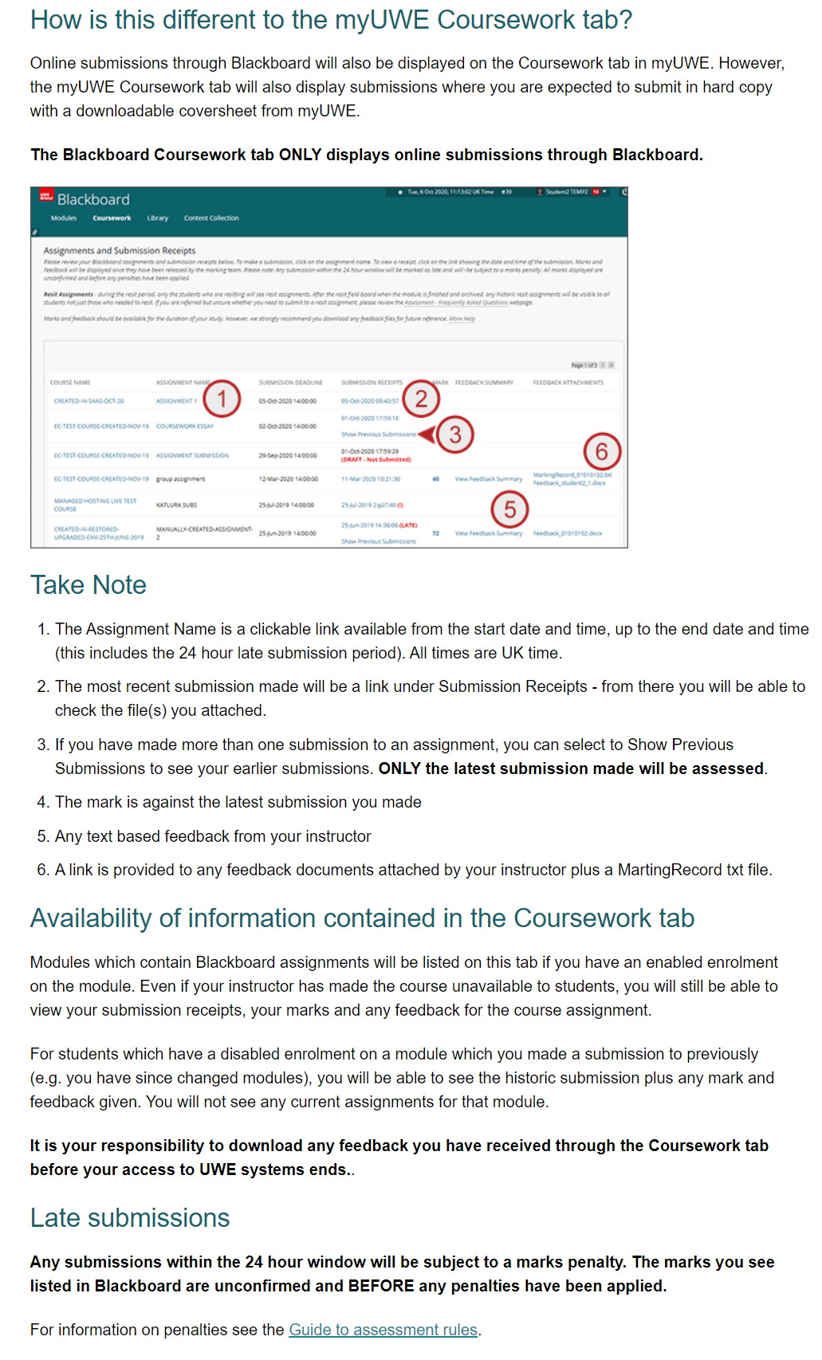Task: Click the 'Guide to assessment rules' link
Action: point(383,1330)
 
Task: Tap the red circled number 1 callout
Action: point(222,399)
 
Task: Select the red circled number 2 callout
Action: point(421,399)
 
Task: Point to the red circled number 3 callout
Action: point(455,434)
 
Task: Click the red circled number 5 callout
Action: point(510,509)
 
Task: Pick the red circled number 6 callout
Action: point(602,452)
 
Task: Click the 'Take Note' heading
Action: point(88,585)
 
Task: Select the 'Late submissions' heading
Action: point(130,1218)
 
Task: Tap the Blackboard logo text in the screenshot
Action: point(92,199)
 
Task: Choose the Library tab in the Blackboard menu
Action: point(157,218)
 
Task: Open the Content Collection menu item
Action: point(211,218)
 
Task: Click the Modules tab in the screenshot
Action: point(64,218)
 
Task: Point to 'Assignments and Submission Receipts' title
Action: point(120,250)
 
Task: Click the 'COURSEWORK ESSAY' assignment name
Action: point(185,426)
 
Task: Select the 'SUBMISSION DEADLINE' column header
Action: point(290,383)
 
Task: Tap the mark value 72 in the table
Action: point(435,533)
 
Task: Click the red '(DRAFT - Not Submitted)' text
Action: point(376,459)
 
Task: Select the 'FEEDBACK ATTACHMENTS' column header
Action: point(568,383)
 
